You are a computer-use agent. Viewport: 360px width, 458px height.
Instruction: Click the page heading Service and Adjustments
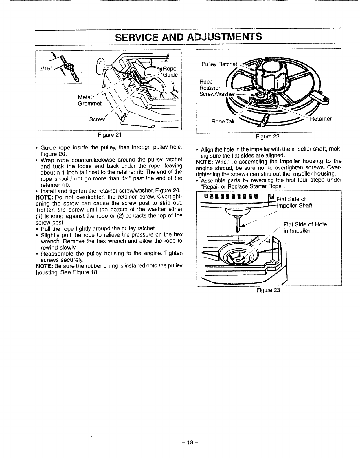click(188, 37)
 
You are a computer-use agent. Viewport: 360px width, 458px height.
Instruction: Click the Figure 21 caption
click(108, 135)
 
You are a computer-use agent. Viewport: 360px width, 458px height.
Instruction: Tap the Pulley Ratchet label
click(219, 64)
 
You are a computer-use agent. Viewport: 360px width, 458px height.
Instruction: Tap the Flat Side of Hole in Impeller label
click(305, 228)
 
